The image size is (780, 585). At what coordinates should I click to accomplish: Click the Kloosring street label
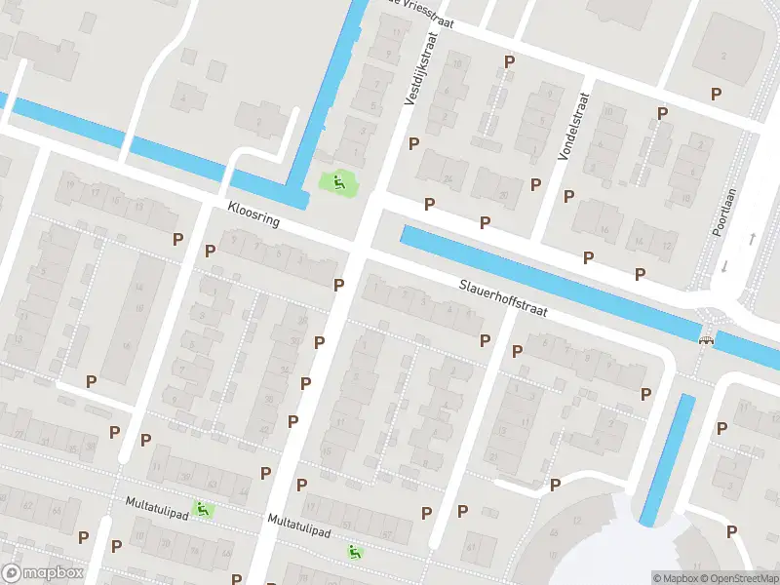253,214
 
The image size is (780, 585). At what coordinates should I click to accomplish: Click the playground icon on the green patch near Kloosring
338,180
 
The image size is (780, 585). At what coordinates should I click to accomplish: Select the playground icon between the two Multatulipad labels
202,508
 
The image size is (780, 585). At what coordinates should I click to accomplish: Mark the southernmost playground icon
355,552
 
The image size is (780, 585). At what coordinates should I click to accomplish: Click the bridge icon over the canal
706,338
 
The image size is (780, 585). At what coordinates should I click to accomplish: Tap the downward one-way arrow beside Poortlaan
723,265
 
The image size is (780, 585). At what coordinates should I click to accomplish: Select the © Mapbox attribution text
676,578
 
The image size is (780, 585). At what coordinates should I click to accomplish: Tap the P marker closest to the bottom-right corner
731,530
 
